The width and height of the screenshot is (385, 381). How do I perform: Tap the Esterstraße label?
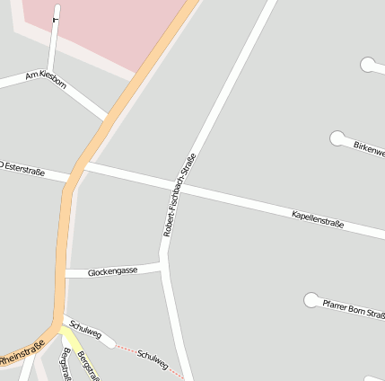[23, 168]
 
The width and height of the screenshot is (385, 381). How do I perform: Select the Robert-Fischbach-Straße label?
[179, 195]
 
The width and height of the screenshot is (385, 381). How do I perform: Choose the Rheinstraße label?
[22, 353]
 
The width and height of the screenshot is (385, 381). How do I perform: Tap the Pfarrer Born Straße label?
[354, 309]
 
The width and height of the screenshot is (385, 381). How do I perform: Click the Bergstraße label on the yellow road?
[87, 365]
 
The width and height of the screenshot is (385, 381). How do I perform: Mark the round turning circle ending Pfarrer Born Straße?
[311, 299]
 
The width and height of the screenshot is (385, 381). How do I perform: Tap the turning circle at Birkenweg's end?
[337, 138]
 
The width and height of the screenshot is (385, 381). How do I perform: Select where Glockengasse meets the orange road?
[65, 273]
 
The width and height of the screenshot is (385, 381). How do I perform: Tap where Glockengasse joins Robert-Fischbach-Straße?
[163, 265]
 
